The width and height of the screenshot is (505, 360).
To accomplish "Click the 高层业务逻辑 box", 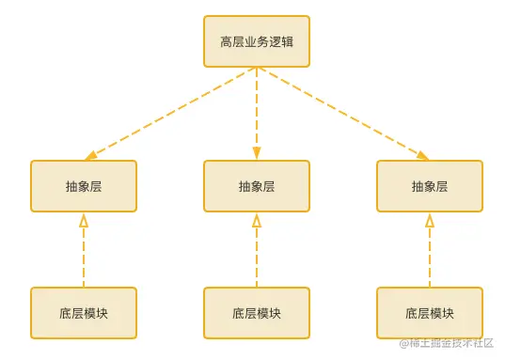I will click(257, 41).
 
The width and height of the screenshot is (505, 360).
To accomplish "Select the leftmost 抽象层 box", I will click(84, 186).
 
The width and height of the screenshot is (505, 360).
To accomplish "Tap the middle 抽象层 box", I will click(257, 186).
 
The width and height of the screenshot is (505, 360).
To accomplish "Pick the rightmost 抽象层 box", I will click(430, 186).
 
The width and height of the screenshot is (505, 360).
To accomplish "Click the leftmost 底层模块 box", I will click(84, 312).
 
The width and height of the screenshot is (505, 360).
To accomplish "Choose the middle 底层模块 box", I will click(257, 312).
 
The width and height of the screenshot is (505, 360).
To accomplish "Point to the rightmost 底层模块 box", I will click(430, 312).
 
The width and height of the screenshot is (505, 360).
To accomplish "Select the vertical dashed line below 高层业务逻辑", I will click(257, 108).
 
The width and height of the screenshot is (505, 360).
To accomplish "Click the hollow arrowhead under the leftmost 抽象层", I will click(84, 221).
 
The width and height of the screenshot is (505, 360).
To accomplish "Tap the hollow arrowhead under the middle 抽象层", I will click(257, 221).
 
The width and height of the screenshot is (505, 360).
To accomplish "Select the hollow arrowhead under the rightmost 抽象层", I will click(430, 221).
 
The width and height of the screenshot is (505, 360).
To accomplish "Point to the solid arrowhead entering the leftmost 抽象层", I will click(91, 155).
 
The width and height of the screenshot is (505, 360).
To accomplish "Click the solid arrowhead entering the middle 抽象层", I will click(257, 153).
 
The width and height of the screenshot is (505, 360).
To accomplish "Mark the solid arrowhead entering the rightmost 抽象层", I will click(423, 155).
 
